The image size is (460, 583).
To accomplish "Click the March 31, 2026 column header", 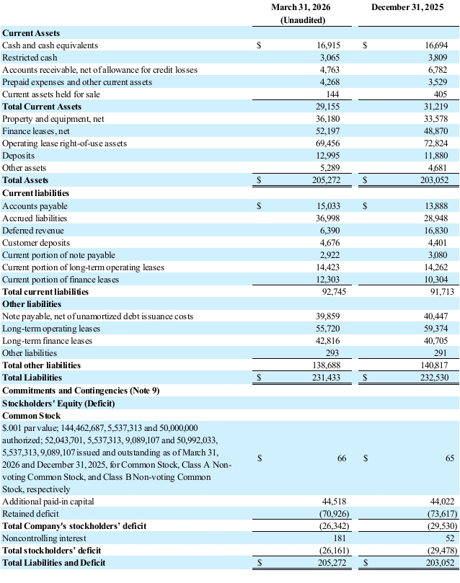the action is point(301,7).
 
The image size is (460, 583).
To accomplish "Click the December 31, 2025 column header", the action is point(407,7).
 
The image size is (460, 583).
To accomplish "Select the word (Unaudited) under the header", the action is point(303,20).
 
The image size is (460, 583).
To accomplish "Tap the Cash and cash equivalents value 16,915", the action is point(328,45).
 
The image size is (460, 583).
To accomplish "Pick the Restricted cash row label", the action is point(30,58).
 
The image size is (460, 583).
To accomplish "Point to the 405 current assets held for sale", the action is point(441,94).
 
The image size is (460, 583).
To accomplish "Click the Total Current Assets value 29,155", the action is point(327,107).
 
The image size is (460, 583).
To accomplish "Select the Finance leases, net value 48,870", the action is point(435,131).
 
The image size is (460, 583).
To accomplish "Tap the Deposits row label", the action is point(18,156).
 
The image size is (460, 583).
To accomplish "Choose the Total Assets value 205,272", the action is point(326,180).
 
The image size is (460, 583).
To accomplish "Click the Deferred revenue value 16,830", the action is point(435,231).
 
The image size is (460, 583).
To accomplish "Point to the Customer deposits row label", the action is point(36,243).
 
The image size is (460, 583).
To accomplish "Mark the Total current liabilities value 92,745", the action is point(334,292).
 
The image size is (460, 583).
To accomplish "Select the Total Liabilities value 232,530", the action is point(434,378).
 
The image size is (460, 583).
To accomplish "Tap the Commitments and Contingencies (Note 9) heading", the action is point(81,391).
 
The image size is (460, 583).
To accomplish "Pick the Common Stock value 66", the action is point(342,458).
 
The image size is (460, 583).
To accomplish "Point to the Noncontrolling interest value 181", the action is point(340,538).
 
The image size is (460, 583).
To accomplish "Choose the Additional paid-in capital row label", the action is point(48,502).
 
